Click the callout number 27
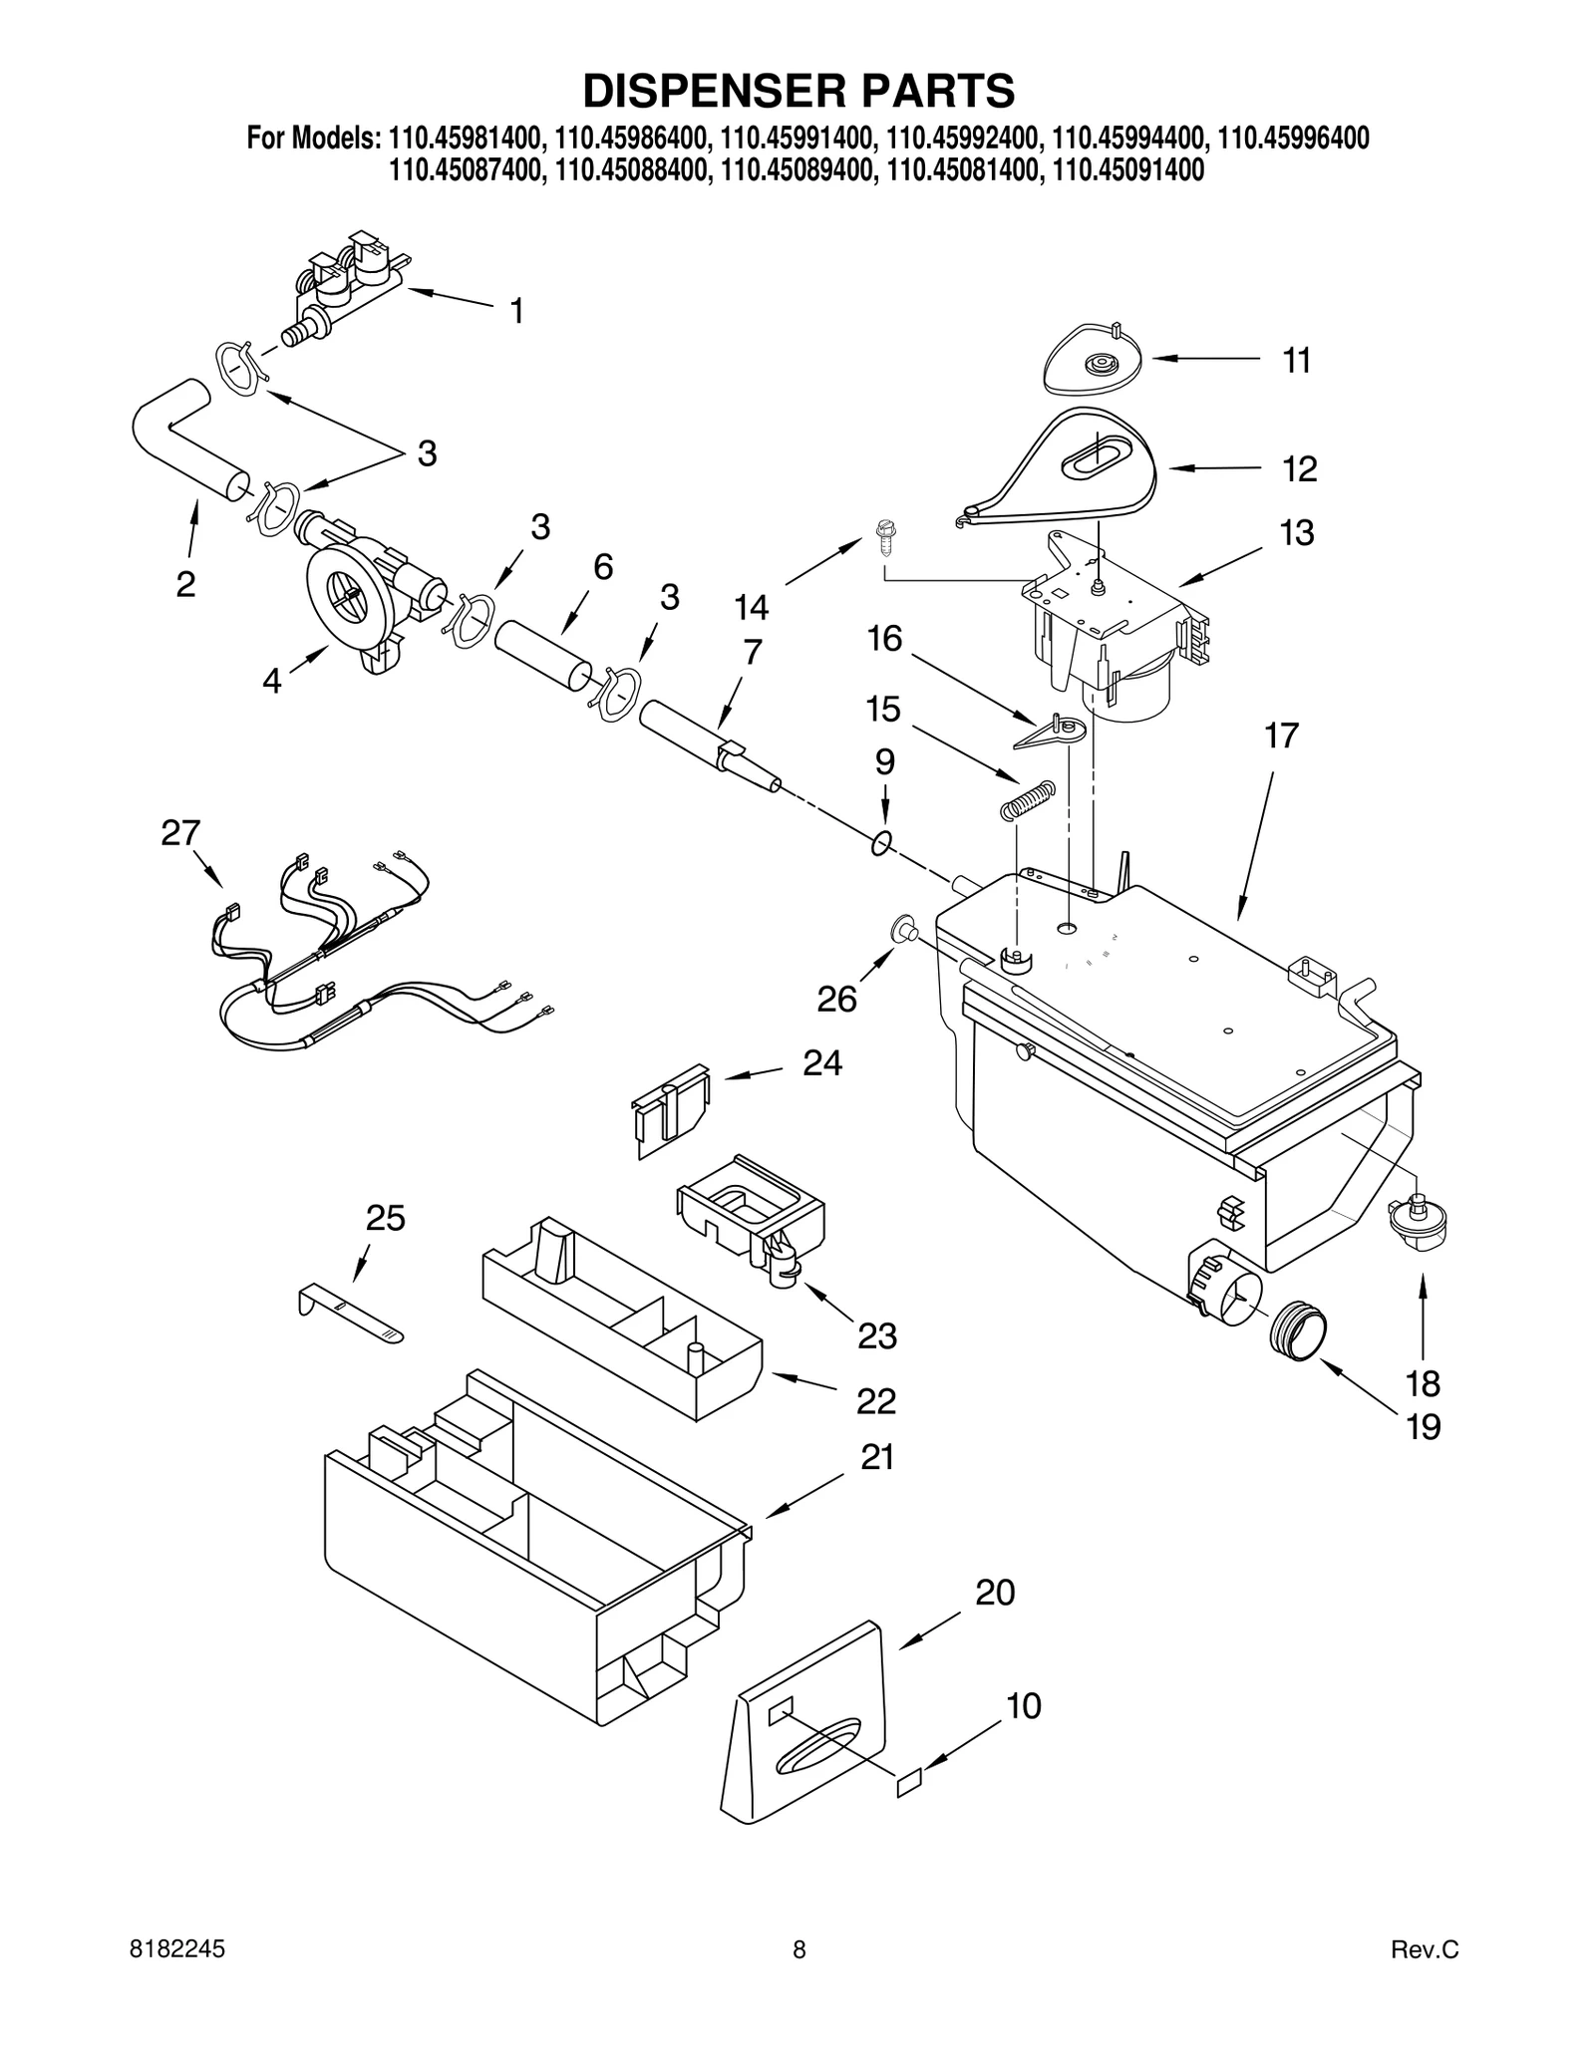(x=180, y=833)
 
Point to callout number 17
(x=1281, y=737)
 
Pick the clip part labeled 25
(x=349, y=1315)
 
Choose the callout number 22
(x=876, y=1401)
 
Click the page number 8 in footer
(x=798, y=1977)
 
